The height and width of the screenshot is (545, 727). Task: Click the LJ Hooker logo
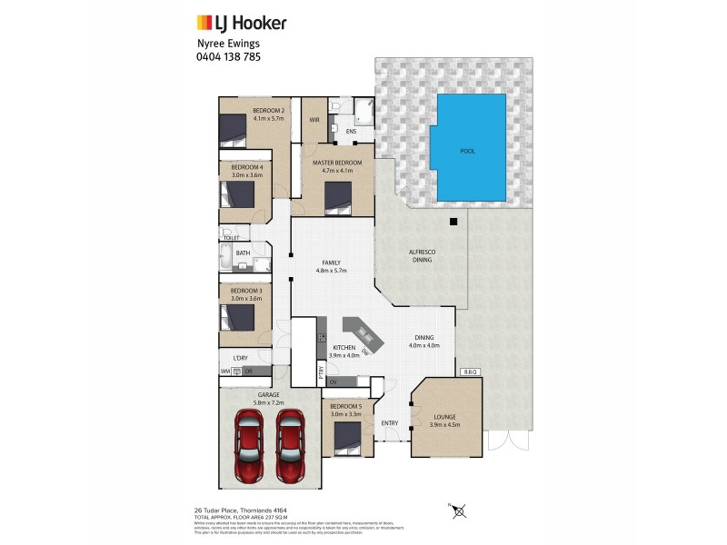(241, 22)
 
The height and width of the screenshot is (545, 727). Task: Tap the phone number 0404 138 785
(228, 56)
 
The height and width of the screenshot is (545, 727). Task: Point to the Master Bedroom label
(337, 163)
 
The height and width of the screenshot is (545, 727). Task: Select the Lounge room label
(444, 417)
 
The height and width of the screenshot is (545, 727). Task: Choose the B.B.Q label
(470, 372)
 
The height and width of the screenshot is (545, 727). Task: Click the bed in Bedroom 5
(348, 440)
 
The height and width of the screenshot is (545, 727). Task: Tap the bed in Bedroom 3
(240, 318)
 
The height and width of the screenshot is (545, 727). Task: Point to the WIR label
(314, 119)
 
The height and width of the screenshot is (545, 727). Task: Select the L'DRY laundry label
(240, 358)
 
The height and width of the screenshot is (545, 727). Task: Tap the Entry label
(390, 423)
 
